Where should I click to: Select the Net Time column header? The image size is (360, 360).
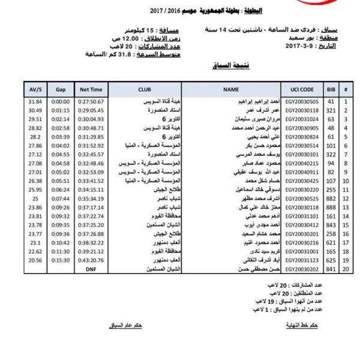point(91,89)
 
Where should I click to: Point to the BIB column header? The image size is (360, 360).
point(329,89)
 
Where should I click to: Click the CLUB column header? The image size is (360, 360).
point(145,89)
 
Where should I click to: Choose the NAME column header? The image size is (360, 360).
point(230,89)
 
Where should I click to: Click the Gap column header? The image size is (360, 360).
point(61,89)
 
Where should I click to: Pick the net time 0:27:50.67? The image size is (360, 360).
point(91,102)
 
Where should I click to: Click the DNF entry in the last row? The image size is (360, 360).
point(91,270)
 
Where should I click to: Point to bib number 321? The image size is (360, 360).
point(329,111)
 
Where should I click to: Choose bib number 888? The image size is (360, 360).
point(329,208)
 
